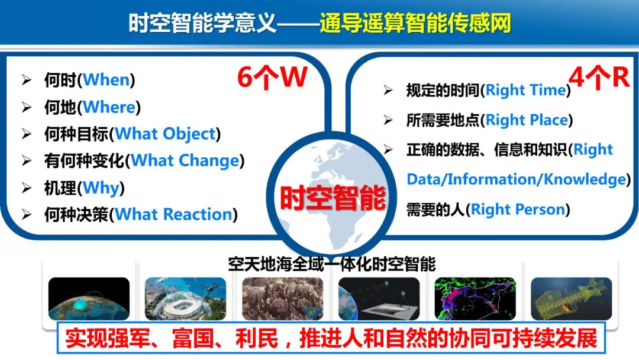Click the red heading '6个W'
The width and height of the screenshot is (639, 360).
[x=272, y=78]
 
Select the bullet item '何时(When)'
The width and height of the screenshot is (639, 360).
[x=89, y=80]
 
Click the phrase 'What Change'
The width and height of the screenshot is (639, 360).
[x=185, y=160]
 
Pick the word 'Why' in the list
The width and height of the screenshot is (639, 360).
[x=101, y=188]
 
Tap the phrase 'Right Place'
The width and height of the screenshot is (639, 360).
[x=527, y=120]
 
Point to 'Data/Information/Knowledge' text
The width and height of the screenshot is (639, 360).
[x=516, y=179]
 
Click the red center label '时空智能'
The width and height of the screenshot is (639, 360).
[x=333, y=197]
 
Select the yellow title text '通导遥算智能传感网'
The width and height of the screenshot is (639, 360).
[x=415, y=24]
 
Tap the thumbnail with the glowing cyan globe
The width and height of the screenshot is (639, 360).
[x=89, y=298]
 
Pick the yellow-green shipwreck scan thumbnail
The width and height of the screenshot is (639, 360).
[x=571, y=298]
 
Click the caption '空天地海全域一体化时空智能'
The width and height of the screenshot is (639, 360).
[x=332, y=264]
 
